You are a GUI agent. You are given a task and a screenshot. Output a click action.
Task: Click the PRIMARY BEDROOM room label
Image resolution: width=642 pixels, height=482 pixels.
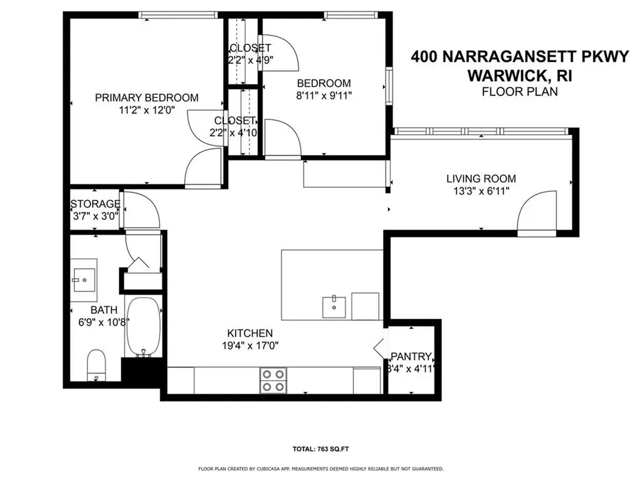146,97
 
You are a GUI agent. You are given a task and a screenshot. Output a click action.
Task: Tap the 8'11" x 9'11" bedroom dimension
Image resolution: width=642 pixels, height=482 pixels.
324,96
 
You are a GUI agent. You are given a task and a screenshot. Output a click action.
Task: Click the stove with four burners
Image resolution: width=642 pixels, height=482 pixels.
273,380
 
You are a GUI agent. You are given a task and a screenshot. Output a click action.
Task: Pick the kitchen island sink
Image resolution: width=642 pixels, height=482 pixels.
334,306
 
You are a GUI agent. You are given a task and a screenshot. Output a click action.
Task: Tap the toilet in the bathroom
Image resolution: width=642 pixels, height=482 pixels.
96,365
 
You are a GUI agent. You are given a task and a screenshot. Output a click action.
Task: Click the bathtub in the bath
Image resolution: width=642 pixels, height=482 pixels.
144,326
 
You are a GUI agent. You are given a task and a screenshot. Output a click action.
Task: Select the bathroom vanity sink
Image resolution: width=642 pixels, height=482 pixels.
83,278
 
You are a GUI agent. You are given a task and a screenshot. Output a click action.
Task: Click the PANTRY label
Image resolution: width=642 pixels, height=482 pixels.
411,357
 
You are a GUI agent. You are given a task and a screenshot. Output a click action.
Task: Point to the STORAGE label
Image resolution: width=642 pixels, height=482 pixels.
95,204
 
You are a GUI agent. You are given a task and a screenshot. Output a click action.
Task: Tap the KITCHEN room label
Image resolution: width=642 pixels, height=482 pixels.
250,333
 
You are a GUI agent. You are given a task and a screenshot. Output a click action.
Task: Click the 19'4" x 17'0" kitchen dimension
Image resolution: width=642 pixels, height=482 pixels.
250,345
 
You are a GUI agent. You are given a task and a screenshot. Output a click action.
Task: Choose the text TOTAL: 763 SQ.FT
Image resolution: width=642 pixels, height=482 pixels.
320,449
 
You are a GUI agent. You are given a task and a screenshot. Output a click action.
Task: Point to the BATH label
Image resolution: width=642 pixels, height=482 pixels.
103,310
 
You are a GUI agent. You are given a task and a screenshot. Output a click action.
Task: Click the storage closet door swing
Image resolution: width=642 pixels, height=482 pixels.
142,210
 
